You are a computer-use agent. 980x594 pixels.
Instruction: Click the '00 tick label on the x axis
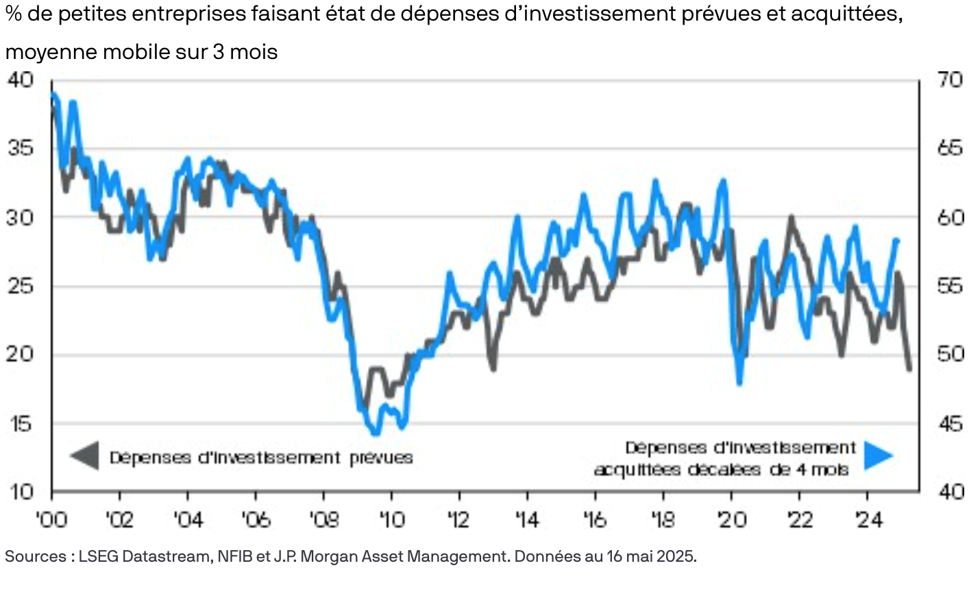coord(51,520)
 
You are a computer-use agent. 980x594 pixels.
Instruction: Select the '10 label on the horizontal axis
coord(391,520)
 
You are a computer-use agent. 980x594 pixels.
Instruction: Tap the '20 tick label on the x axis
coord(731,520)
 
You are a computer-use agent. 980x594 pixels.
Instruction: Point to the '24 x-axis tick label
coord(868,520)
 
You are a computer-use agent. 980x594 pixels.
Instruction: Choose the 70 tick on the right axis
coord(949,80)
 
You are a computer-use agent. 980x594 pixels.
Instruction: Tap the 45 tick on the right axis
coord(949,423)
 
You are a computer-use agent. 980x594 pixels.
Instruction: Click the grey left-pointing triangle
coord(85,455)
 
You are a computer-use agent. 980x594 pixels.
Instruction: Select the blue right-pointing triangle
coord(879,455)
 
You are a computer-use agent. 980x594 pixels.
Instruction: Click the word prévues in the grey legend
coord(381,458)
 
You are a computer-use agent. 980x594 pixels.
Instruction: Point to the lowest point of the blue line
coord(375,433)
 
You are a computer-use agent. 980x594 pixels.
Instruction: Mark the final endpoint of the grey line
coord(909,369)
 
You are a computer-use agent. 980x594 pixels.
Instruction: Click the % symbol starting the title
coord(13,14)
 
